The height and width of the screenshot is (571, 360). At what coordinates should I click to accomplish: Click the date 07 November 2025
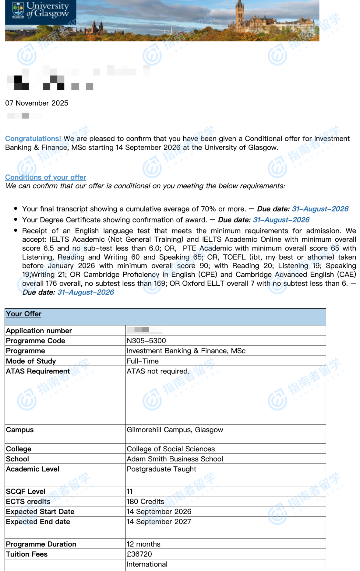tap(37, 103)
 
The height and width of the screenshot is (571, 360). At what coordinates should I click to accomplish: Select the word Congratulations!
tap(33, 139)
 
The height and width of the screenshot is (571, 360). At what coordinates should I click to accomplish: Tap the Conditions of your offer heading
tap(46, 177)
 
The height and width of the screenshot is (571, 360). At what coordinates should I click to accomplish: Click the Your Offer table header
tap(24, 314)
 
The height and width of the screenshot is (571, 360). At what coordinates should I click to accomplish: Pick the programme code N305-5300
tap(146, 341)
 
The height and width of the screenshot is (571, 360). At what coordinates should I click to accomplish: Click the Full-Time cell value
tap(143, 361)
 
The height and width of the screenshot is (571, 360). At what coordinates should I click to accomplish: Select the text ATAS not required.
tap(158, 371)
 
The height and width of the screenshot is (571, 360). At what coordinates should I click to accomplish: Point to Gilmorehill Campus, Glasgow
tap(175, 430)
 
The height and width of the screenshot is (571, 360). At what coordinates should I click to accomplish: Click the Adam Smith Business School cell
tap(175, 459)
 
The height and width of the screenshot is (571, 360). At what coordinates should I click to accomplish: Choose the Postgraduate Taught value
tap(161, 469)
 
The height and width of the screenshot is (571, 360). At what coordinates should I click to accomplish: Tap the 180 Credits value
tap(145, 502)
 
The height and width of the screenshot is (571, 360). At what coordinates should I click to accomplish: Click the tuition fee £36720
tap(139, 554)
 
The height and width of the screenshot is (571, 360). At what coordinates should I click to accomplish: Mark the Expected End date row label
tap(38, 522)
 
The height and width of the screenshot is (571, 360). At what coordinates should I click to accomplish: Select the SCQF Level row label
tap(26, 492)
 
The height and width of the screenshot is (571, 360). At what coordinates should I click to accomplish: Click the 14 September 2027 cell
tap(159, 522)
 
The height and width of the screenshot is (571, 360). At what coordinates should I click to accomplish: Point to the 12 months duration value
tap(143, 544)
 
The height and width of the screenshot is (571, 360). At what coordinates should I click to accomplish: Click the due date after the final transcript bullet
tap(320, 209)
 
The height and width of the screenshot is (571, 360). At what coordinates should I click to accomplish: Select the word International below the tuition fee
tap(147, 564)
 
